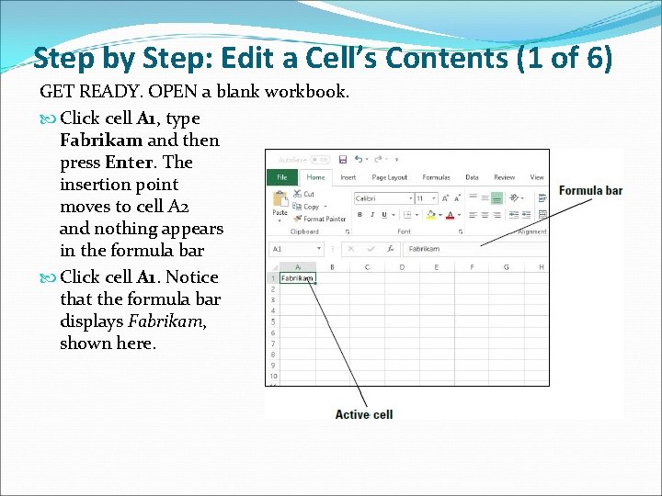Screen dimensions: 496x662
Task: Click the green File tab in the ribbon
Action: pos(282,177)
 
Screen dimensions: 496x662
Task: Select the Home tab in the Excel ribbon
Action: pos(315,177)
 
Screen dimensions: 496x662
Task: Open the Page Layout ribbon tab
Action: pos(390,177)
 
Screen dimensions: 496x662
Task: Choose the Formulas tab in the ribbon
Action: pos(436,177)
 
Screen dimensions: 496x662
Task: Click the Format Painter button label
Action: pos(325,219)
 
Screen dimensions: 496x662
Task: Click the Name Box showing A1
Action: pos(291,248)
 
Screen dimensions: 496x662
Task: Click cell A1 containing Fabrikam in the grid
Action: pos(298,277)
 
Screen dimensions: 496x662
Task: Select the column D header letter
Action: pos(401,267)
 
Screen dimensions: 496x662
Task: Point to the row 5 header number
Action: pos(272,322)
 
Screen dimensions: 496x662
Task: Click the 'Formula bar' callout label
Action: pos(590,191)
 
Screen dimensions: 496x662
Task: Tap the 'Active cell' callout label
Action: pos(364,414)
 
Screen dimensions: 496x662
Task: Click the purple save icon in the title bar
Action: pos(343,159)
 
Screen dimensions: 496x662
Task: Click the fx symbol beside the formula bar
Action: pos(391,248)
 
